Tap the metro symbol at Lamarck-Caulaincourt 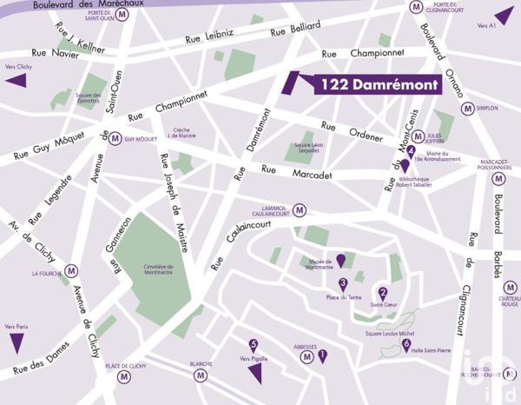[300, 209]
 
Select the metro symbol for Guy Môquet [115, 138]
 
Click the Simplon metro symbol [468, 109]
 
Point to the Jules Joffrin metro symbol [418, 136]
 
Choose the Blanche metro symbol [201, 375]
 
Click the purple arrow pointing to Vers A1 [504, 15]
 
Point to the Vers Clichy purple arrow [16, 81]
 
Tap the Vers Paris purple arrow [16, 342]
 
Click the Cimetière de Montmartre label [159, 271]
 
